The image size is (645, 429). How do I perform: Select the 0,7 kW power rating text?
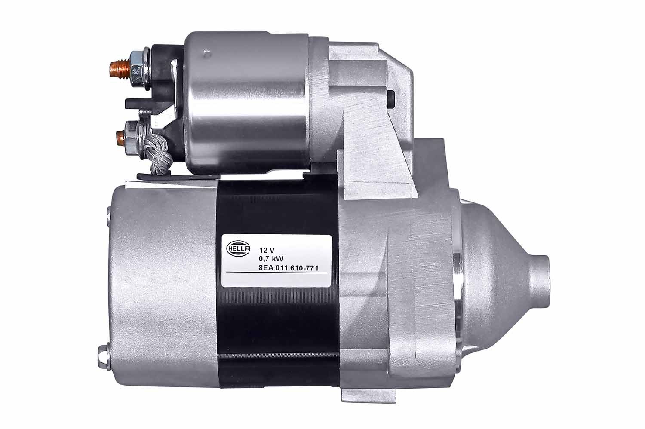pyautogui.click(x=271, y=259)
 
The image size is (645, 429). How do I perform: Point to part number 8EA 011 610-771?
pyautogui.click(x=289, y=268)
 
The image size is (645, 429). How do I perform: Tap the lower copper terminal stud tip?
pyautogui.click(x=120, y=137)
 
